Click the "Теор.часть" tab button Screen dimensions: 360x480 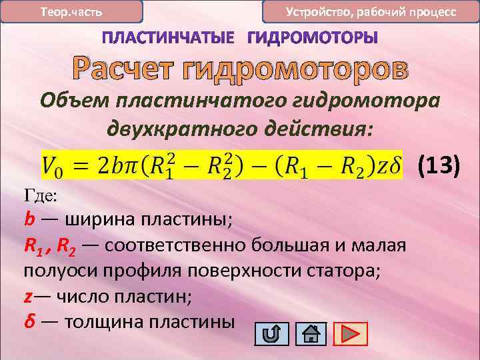tap(71, 12)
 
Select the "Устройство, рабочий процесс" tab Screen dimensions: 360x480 tap(371, 12)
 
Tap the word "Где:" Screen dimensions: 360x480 tap(41, 196)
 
